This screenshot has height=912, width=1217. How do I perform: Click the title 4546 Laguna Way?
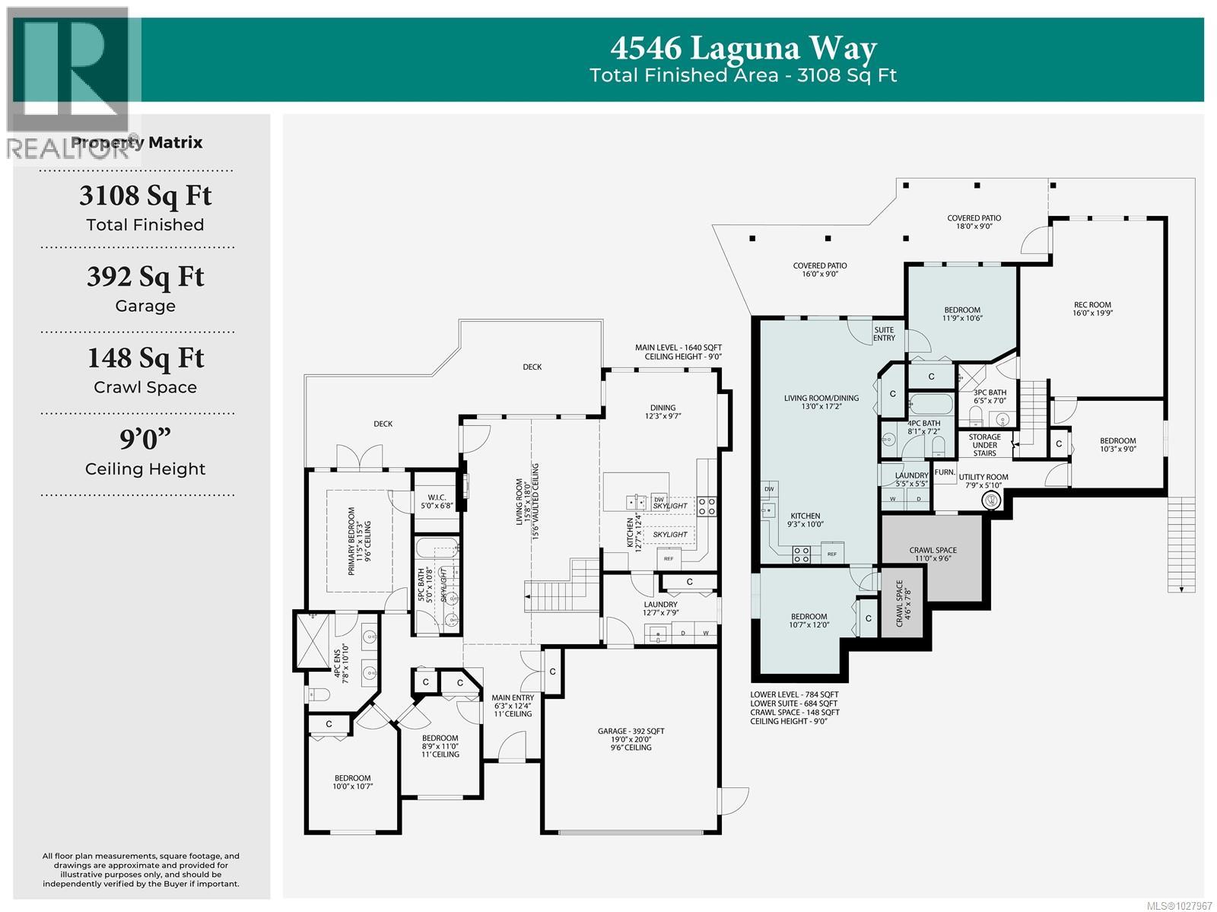coord(743,49)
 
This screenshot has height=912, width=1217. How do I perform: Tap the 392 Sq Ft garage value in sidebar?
coord(145,277)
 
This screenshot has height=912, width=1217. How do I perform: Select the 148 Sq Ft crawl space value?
coord(145,358)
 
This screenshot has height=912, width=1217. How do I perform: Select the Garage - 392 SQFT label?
coord(631,731)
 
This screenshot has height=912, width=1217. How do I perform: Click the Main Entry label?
coord(512,698)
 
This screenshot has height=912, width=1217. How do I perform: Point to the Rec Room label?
coord(1092,305)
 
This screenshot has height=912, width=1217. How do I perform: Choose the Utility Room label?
coord(983,478)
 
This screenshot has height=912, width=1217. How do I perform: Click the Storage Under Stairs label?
coord(984,445)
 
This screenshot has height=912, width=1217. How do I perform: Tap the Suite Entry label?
coord(884,333)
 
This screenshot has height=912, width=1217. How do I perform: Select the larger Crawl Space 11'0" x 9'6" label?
coord(933,550)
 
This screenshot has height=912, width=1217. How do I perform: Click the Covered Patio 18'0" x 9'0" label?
coord(974,218)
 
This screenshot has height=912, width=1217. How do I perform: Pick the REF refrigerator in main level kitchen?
coord(669,559)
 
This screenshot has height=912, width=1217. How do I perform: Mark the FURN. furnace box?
coord(945,472)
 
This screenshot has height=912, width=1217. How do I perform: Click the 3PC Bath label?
coord(990,392)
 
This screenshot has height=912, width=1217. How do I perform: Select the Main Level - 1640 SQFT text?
coord(678,348)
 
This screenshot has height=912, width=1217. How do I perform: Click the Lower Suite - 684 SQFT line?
coord(794,704)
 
